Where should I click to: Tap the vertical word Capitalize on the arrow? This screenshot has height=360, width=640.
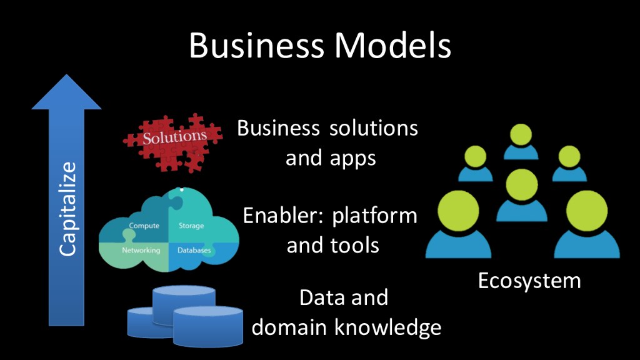coord(67,208)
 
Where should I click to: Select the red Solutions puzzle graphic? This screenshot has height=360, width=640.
coord(172,141)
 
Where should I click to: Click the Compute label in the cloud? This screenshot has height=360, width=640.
coord(144,226)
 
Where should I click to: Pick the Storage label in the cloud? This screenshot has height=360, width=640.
coord(191,226)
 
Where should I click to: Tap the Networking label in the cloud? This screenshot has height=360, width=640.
coord(141,250)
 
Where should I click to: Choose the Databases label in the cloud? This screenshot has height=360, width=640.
coord(194,251)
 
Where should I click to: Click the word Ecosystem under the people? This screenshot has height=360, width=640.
coord(529,281)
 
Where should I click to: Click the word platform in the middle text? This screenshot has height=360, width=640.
coord(375,216)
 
